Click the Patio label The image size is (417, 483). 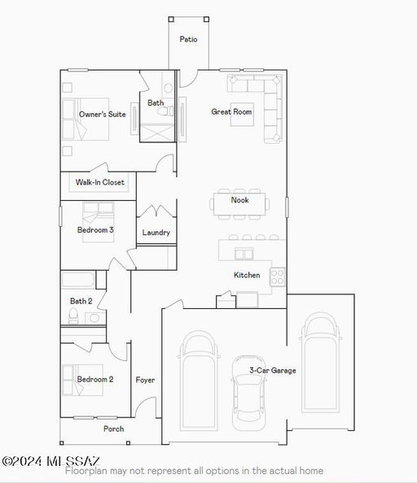(188, 39)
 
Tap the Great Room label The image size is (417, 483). (231, 111)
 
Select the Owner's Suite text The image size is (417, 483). (103, 115)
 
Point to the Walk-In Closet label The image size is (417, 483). (100, 182)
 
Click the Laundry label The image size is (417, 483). (156, 233)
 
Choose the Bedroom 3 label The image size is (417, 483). (95, 230)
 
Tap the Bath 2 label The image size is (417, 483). (81, 301)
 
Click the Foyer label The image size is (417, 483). (145, 380)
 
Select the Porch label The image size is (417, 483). (114, 429)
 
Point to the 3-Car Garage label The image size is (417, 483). (273, 370)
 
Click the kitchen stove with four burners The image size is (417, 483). (277, 277)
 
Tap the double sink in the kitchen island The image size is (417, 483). (244, 255)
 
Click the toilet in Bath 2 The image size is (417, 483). (73, 316)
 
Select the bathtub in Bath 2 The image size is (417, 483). (78, 280)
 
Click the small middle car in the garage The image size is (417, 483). (248, 393)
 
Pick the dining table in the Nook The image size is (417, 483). (239, 204)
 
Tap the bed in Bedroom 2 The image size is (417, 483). (82, 380)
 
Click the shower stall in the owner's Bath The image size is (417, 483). (157, 133)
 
